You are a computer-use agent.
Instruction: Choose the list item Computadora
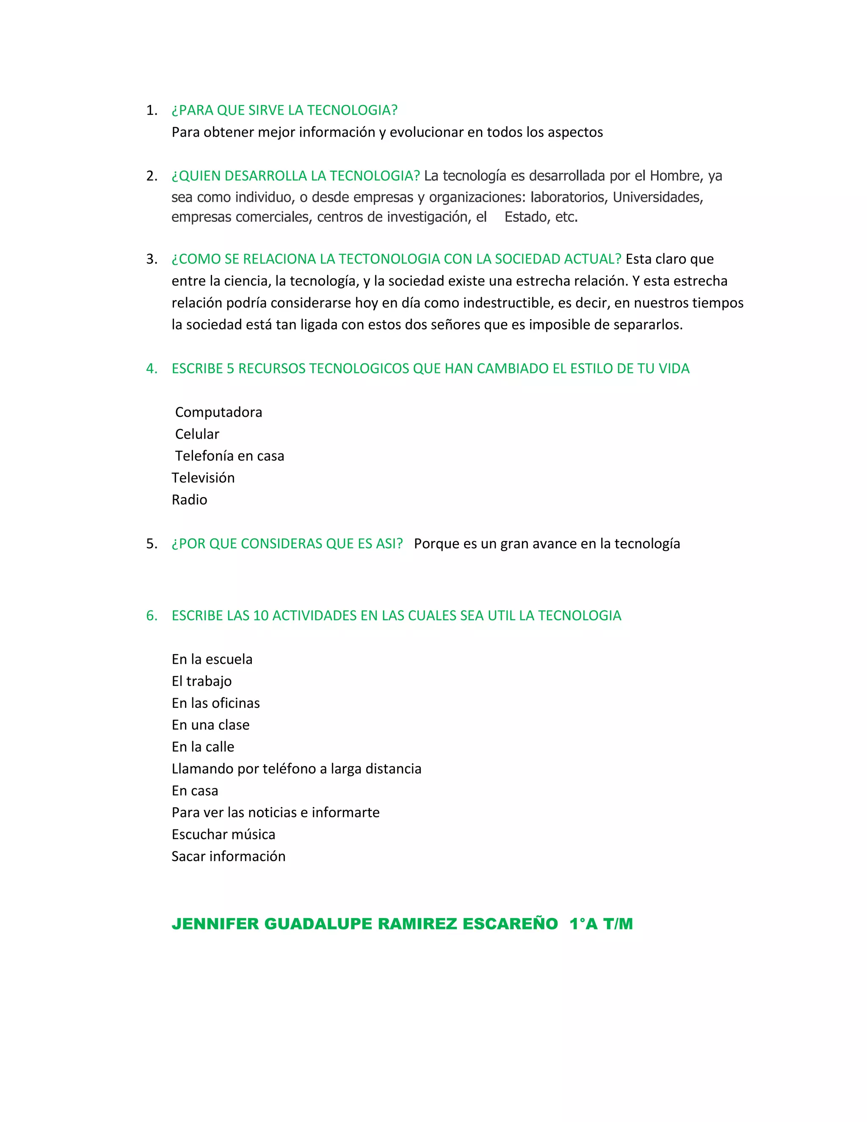tap(218, 412)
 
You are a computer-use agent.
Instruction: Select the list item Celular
tap(197, 434)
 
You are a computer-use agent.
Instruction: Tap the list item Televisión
tap(203, 478)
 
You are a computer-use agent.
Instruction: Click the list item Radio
tap(189, 500)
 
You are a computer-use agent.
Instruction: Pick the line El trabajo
tap(202, 681)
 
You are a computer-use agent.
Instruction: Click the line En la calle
tap(203, 747)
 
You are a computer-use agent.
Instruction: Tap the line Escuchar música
tap(224, 835)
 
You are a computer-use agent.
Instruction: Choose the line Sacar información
tap(228, 857)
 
